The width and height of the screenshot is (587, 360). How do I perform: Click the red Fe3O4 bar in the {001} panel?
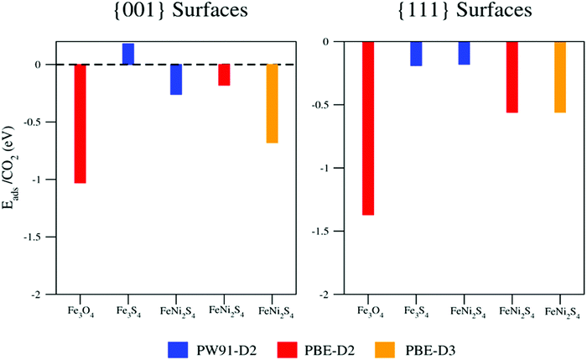point(81,123)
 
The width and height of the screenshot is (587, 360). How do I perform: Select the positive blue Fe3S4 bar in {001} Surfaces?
point(128,54)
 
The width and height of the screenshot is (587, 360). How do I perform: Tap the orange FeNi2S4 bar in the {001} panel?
point(273,103)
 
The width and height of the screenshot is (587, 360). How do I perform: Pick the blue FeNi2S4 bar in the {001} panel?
point(176,80)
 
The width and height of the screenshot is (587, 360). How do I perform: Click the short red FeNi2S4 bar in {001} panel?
point(224,75)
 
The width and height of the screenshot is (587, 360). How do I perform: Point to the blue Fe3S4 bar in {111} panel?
point(416,54)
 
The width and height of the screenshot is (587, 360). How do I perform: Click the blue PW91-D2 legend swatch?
point(177,342)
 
